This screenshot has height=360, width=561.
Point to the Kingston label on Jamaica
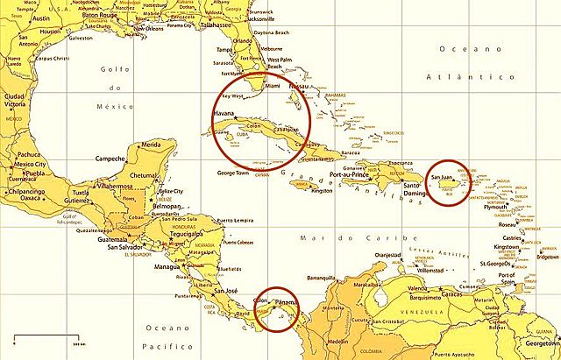(x=322, y=190)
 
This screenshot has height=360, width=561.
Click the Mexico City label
(x=30, y=164)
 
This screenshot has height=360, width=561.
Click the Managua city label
(x=167, y=265)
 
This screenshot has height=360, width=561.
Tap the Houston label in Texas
(x=51, y=32)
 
